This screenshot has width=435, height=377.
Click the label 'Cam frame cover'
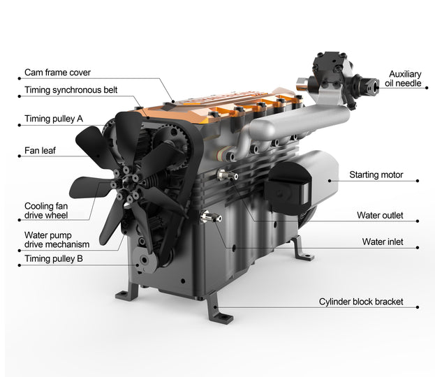(x=57, y=73)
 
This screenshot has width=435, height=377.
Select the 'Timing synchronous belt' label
(x=71, y=90)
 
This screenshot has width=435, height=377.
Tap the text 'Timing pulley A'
(x=54, y=119)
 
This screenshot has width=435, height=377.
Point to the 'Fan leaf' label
(x=40, y=149)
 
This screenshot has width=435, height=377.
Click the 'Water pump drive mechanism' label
(x=57, y=239)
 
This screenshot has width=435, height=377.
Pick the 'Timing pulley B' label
(x=54, y=258)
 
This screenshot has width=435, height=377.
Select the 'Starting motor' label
(x=376, y=175)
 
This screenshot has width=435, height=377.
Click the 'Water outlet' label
(x=379, y=216)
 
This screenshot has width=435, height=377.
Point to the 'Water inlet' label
(x=382, y=242)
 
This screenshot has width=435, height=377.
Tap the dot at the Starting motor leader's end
(x=418, y=181)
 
